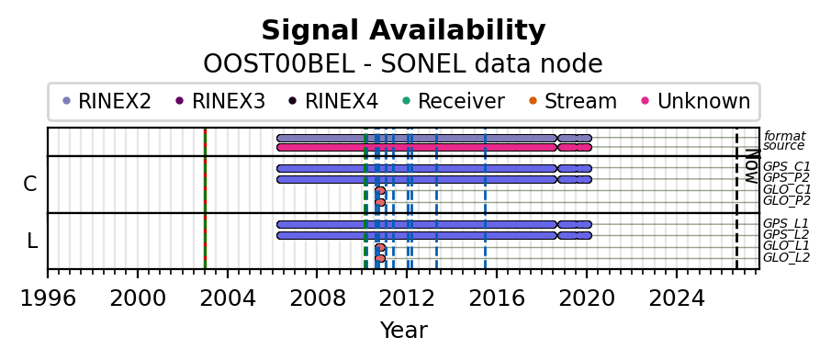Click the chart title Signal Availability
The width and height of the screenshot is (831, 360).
tap(403, 30)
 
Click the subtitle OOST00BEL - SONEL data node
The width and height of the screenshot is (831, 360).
tap(403, 64)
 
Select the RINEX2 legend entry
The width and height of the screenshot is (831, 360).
tap(107, 101)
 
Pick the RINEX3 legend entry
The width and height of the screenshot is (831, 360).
tap(220, 101)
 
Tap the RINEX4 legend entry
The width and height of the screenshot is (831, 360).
tap(334, 101)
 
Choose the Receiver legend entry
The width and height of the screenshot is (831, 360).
tap(454, 101)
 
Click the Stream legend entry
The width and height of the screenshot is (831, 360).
tap(573, 101)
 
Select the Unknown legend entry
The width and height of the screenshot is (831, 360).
tap(696, 101)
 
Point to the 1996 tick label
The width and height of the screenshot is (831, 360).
tap(48, 299)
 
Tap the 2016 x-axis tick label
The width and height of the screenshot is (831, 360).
tap(497, 299)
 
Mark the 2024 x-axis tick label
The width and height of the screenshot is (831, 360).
tap(677, 299)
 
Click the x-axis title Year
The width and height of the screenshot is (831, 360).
tap(403, 331)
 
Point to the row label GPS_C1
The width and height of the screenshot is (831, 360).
tap(787, 167)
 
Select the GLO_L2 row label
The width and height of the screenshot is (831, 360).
tap(787, 258)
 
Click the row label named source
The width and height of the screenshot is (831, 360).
tap(784, 146)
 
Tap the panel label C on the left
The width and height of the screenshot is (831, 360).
tap(30, 184)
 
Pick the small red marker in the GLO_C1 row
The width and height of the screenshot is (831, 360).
tap(380, 190)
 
